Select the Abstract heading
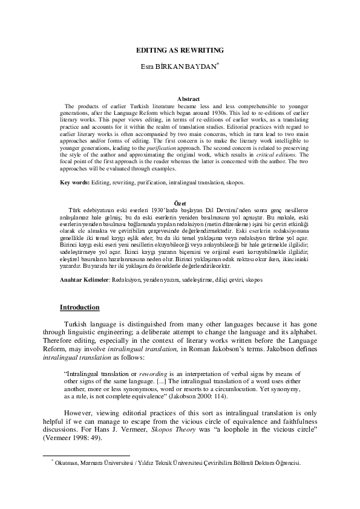click(x=188, y=98)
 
